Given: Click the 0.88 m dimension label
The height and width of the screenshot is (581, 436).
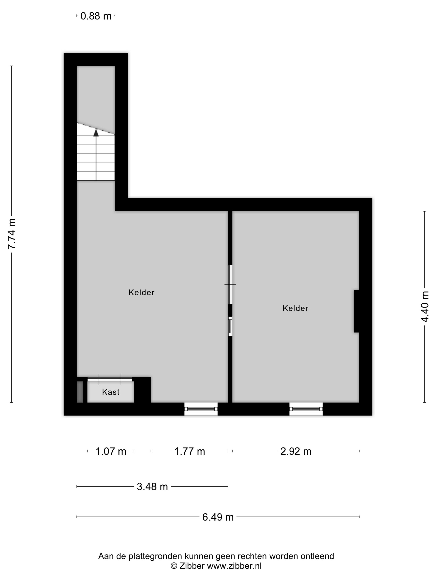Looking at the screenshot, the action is [96, 16].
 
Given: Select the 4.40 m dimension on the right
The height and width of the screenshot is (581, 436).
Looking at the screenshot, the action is [425, 306].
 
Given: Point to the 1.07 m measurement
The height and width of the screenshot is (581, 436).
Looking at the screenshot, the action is [111, 451].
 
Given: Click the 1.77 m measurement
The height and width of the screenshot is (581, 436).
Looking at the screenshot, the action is [190, 451].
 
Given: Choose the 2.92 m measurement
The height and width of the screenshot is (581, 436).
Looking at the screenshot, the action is [296, 451].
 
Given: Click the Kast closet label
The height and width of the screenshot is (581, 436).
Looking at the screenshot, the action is [111, 392].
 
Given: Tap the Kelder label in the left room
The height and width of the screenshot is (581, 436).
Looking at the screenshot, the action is [141, 292].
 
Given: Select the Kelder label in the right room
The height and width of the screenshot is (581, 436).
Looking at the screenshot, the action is [295, 308].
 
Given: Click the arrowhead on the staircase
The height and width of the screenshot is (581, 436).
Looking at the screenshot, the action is [96, 133].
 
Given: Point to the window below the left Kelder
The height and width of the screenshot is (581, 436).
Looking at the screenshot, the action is [201, 409].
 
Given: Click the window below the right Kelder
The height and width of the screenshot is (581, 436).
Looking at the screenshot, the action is [306, 409].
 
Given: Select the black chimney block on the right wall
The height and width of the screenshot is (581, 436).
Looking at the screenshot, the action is [357, 311].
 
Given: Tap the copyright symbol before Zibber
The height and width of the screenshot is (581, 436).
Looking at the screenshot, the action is [174, 566].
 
